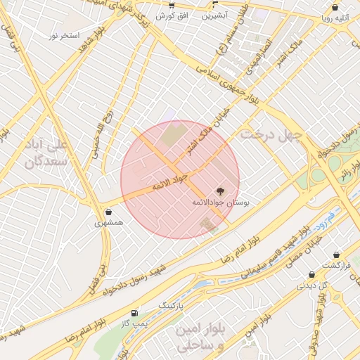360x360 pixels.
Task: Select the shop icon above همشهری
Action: click(x=108, y=212)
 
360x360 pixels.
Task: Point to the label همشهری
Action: click(x=109, y=223)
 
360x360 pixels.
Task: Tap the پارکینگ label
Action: click(x=171, y=307)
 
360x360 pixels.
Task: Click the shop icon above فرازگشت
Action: click(x=336, y=255)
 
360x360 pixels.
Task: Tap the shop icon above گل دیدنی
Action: click(x=311, y=275)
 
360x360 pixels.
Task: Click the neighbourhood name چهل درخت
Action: click(x=271, y=132)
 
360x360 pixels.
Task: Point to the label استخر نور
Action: click(x=64, y=34)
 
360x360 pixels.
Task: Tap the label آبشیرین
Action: click(x=214, y=15)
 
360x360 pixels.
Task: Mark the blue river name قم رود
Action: click(x=325, y=213)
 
